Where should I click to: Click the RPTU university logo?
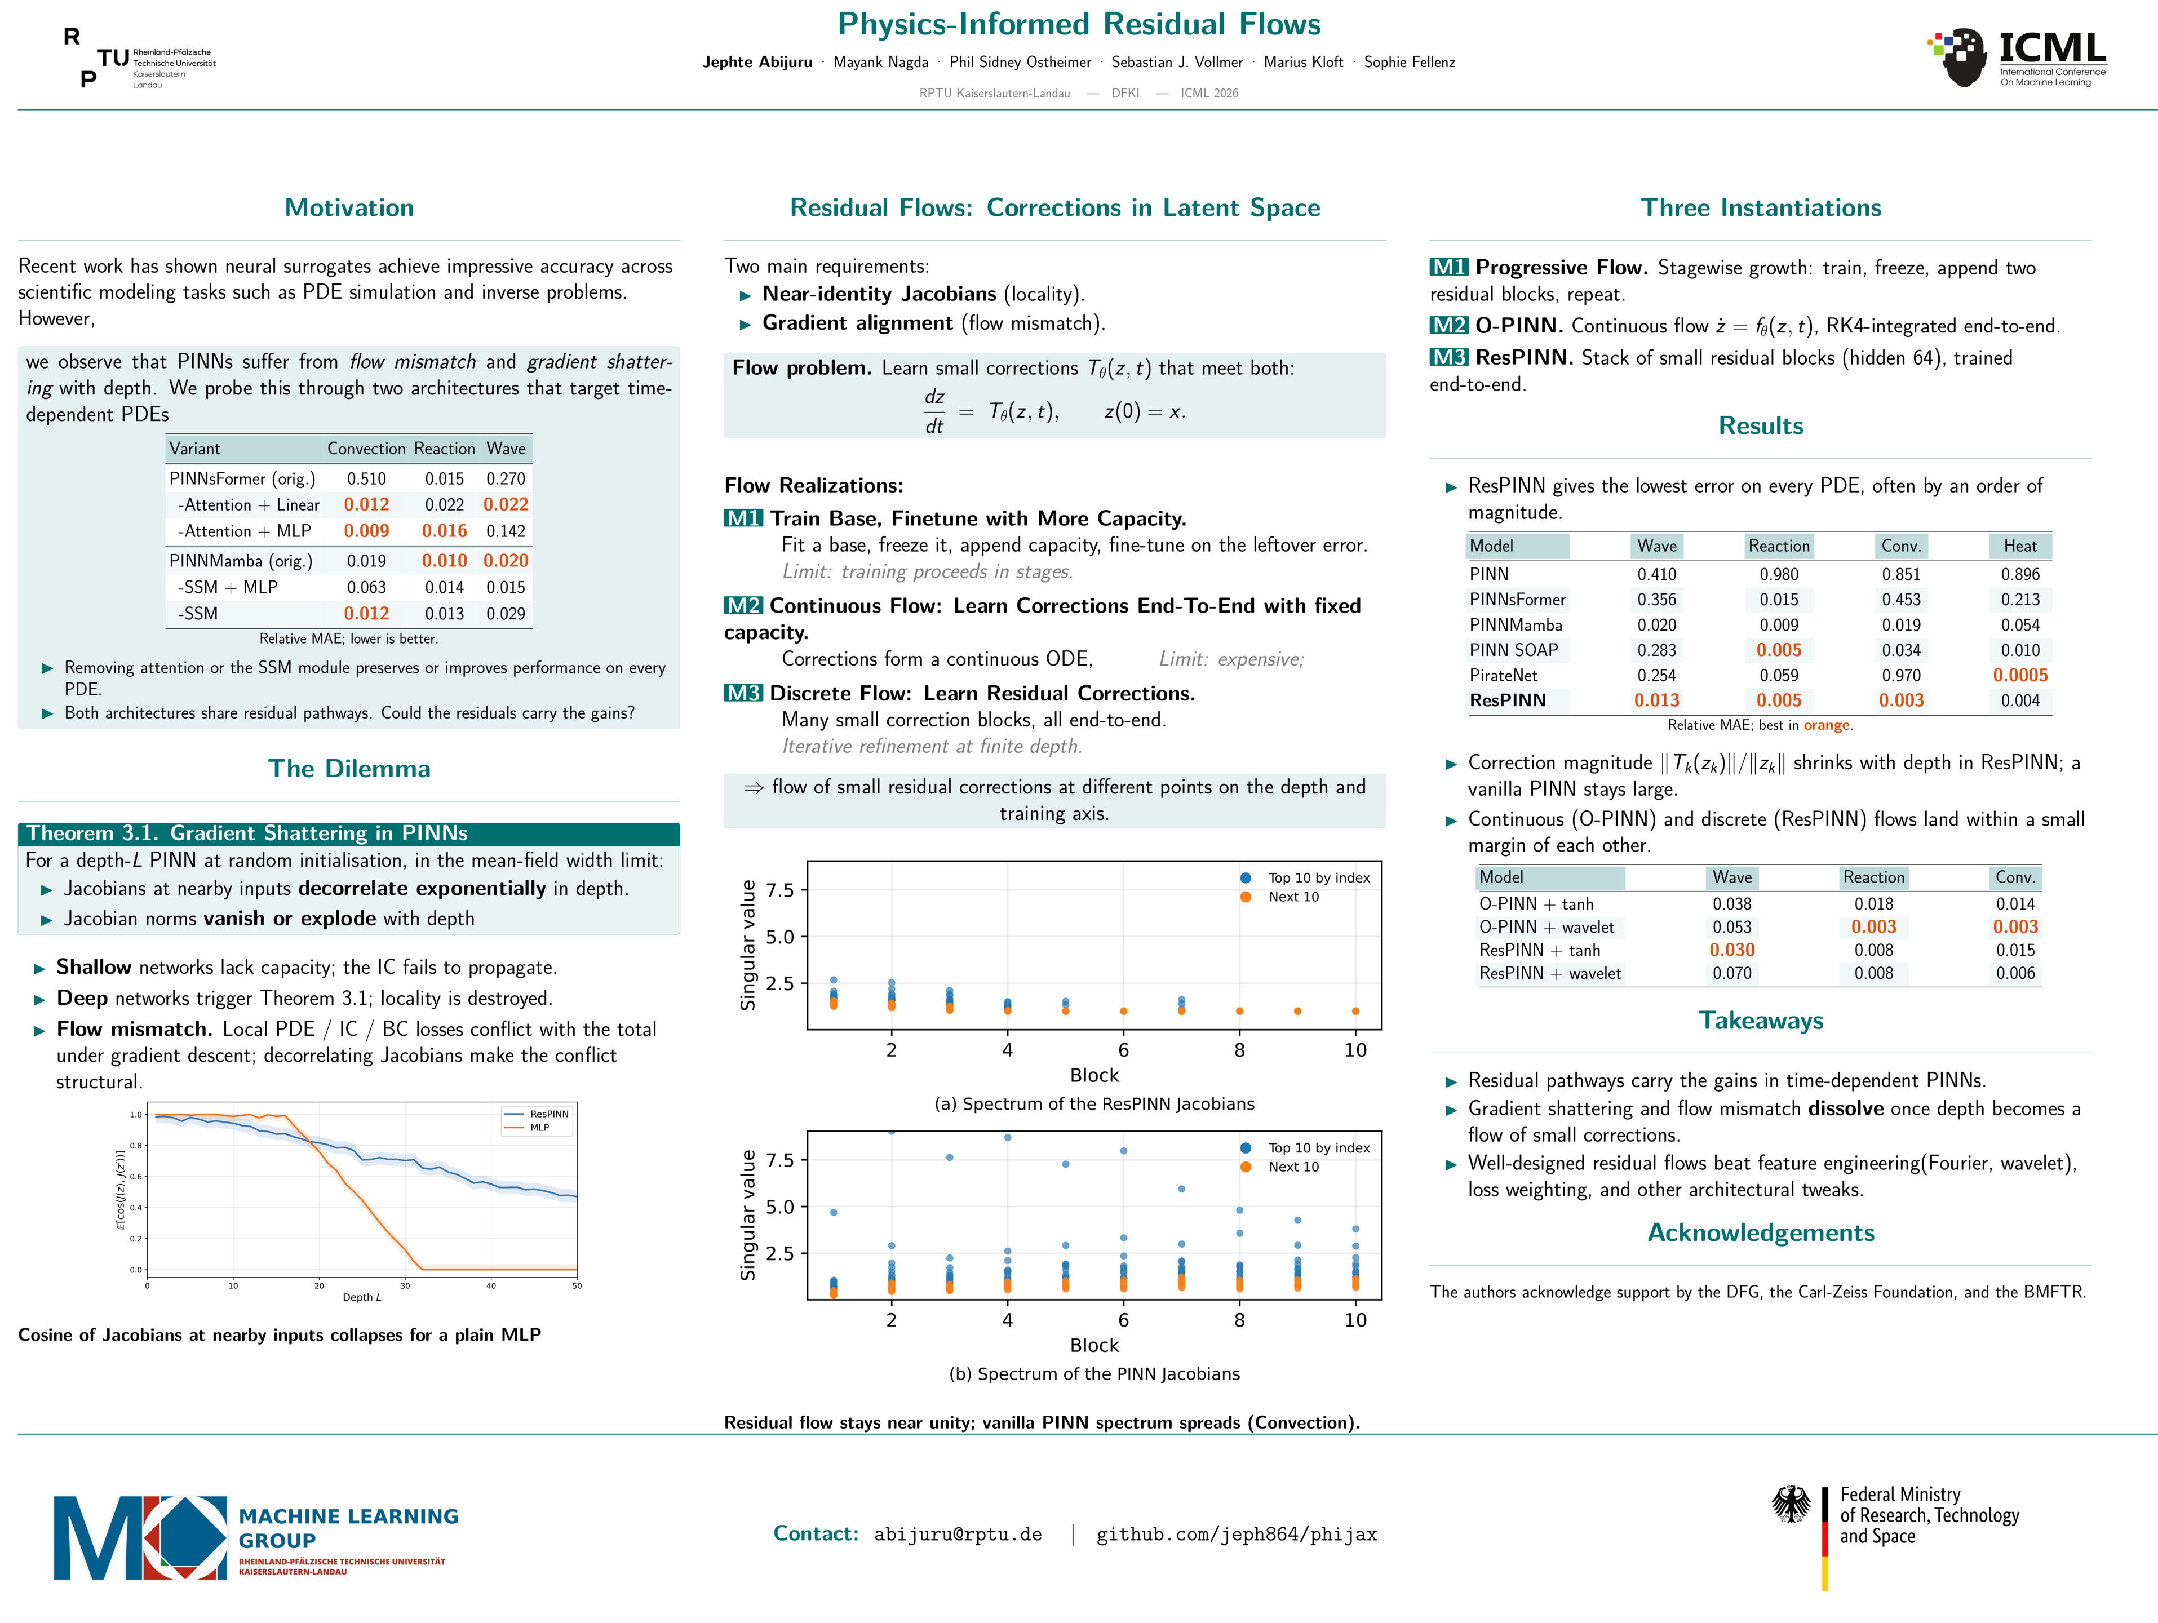(x=140, y=59)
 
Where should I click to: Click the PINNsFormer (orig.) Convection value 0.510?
(x=367, y=479)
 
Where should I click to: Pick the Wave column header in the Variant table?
(x=506, y=449)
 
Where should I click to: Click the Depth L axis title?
(x=362, y=1297)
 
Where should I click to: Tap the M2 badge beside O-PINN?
(x=1449, y=326)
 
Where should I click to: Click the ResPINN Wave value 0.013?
(x=1656, y=700)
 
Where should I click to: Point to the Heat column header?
(x=2020, y=546)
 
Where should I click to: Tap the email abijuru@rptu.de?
(x=958, y=1534)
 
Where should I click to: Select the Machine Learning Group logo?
(x=256, y=1538)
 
